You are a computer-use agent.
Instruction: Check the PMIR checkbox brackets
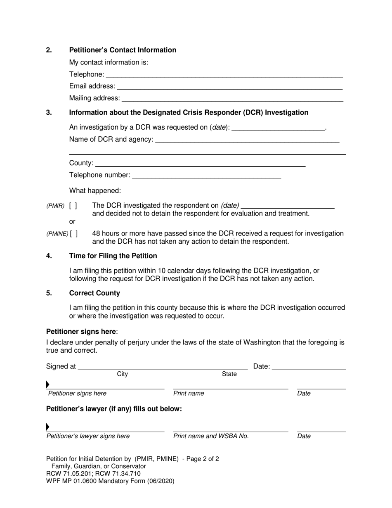pos(73,206)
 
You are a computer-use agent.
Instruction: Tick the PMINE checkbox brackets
pos(74,234)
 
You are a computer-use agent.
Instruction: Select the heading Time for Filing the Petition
pos(113,256)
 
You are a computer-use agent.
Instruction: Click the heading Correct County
pos(94,293)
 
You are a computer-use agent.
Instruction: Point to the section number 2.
pos(49,50)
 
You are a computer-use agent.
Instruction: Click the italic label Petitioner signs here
pos(77,394)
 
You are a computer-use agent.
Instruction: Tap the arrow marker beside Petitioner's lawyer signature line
pos(48,427)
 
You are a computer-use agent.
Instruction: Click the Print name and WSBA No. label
pos(211,436)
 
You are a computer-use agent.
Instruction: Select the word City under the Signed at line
pos(123,374)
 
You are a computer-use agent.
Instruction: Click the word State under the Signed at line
pos(229,374)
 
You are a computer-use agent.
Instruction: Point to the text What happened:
pos(95,191)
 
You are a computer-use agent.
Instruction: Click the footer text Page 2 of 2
pos(203,459)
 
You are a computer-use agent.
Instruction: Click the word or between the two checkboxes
pos(72,222)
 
